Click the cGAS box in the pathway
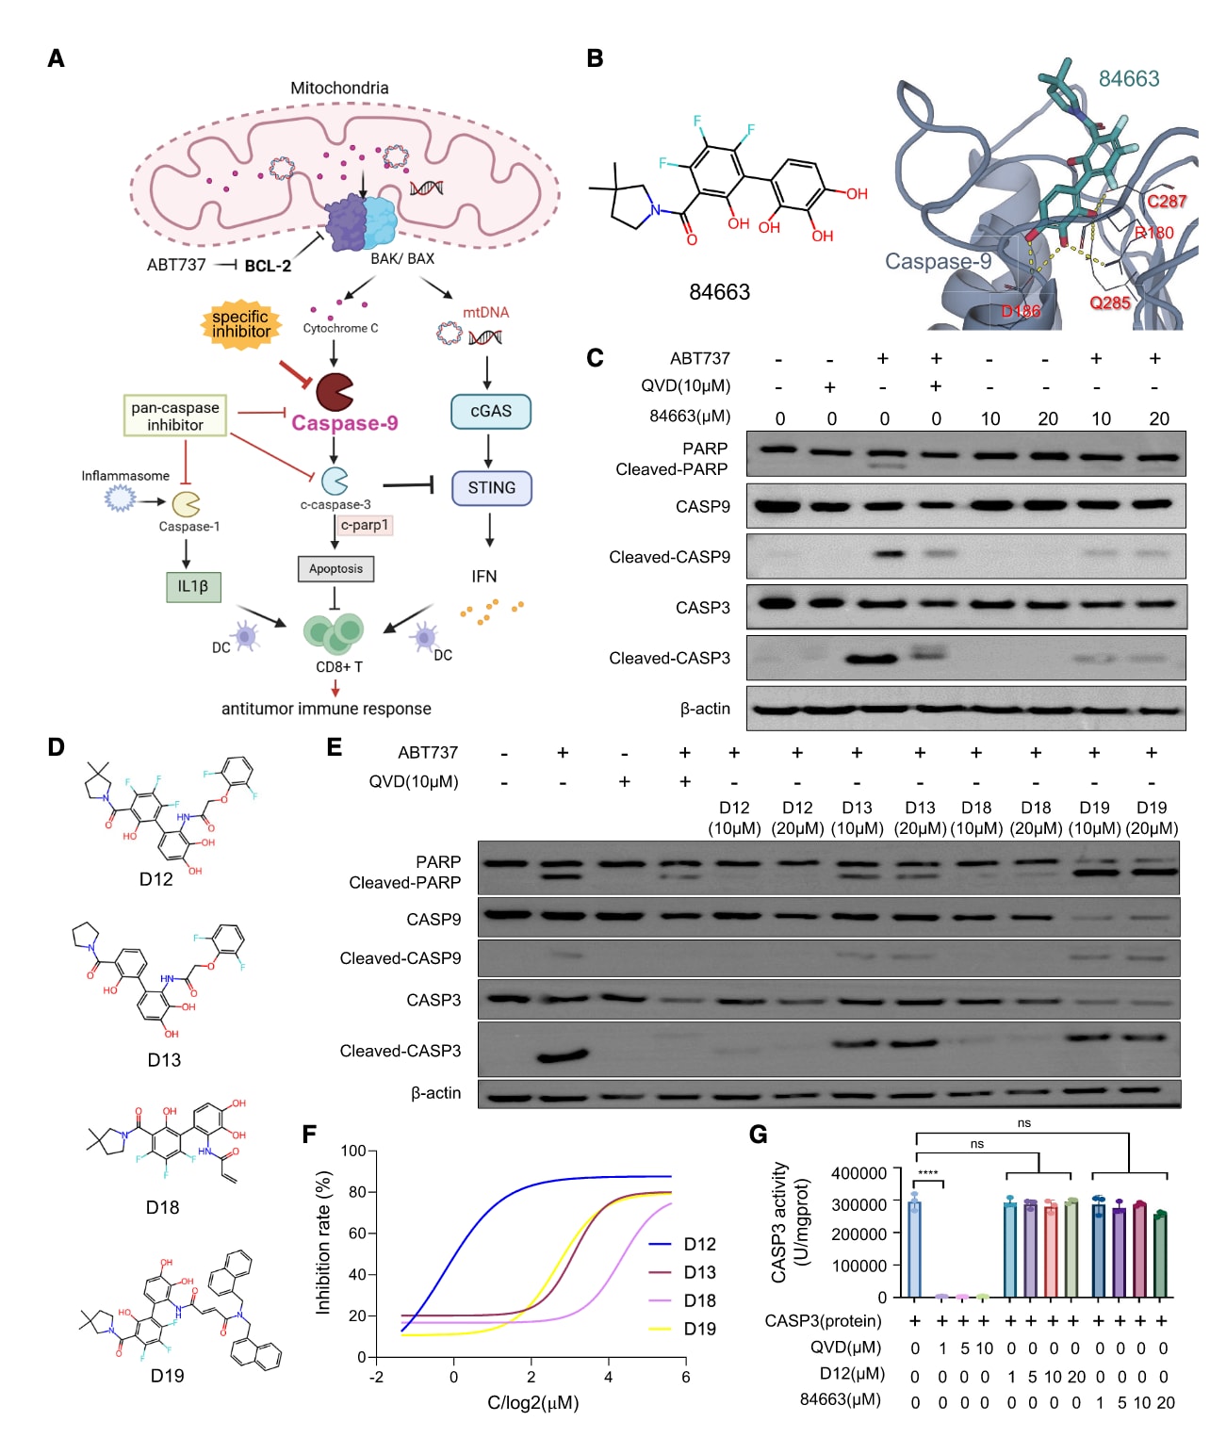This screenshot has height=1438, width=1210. pos(490,412)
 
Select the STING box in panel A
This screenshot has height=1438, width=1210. pos(491,488)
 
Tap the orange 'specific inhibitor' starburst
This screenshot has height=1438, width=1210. pos(241,324)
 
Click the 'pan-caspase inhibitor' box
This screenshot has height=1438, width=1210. pos(175,417)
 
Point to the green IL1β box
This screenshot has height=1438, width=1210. pos(192,586)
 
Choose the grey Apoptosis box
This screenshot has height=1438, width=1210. pos(335,569)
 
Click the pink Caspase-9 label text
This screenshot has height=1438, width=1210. pos(344,423)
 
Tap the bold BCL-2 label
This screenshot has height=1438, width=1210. pos(268,266)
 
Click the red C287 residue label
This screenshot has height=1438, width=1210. pos(1166,201)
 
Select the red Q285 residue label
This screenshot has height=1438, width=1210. pos(1109,302)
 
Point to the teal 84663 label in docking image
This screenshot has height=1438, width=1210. pos(1128,78)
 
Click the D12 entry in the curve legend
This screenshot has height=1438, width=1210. pos(699,1244)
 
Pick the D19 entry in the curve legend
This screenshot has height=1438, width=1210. pos(699,1329)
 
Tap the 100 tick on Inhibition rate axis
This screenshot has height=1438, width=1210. pos(353,1151)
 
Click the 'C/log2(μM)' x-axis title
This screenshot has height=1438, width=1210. pos(532,1402)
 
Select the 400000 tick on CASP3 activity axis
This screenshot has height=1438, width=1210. pos(858,1173)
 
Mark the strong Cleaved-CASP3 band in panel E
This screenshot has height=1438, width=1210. pos(563,1056)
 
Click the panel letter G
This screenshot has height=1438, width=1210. pos(758,1134)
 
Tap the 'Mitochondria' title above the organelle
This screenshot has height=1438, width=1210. pos(339,88)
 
